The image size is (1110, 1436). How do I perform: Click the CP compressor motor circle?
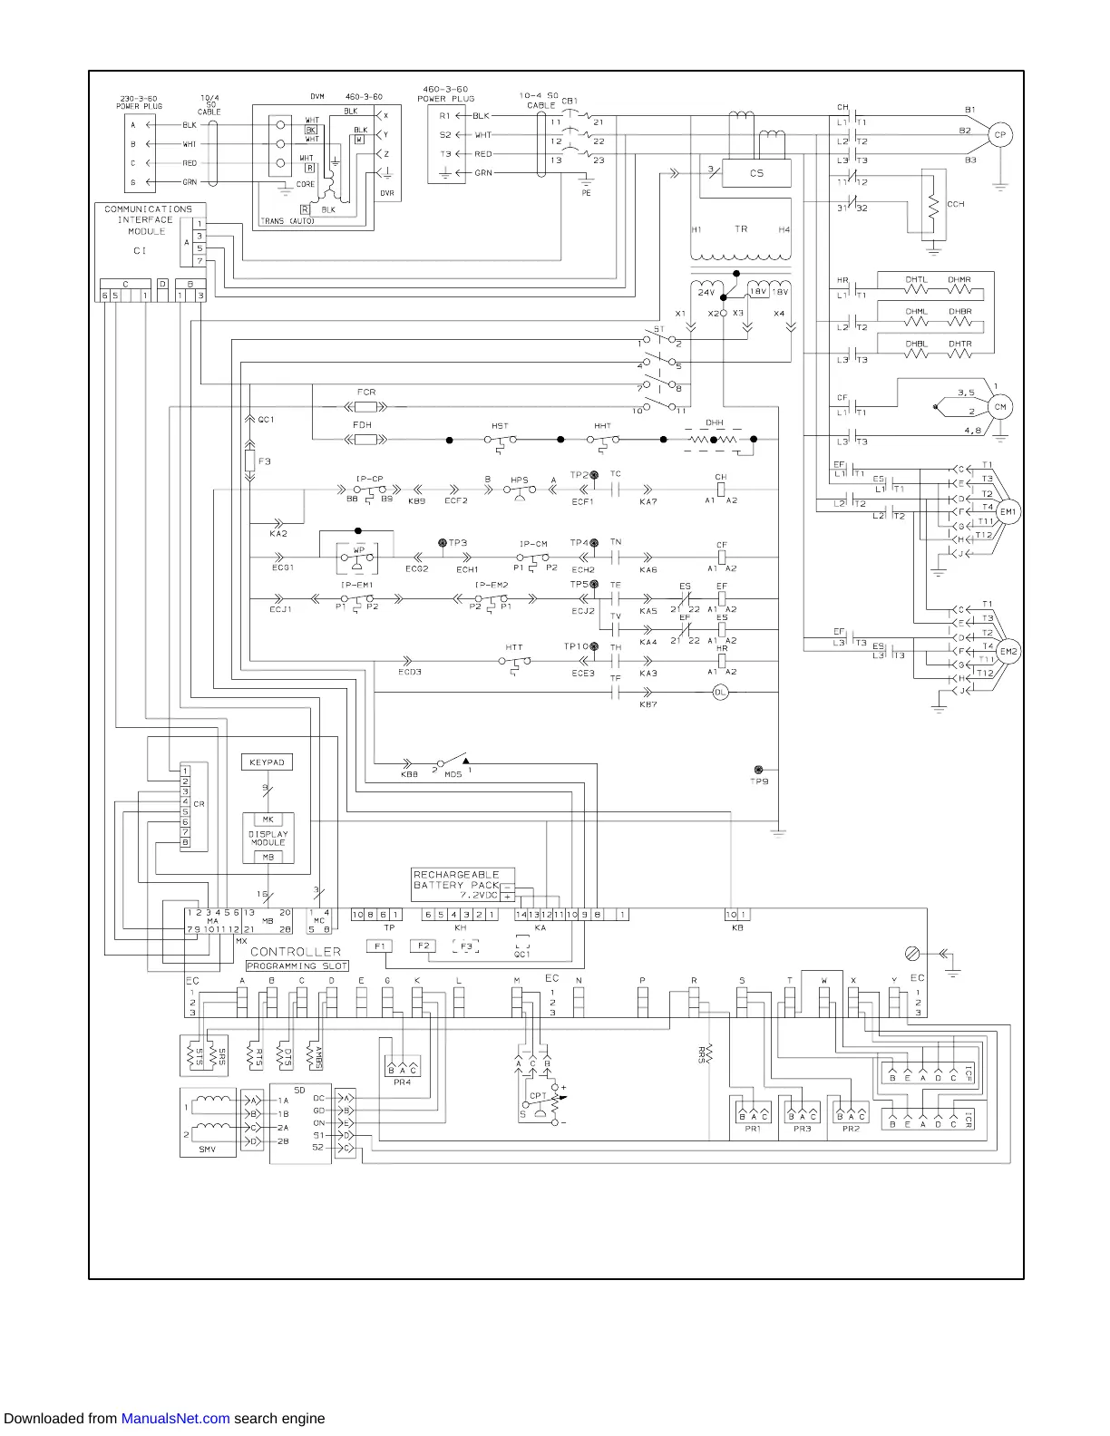pos(999,135)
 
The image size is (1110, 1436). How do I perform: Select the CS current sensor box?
pos(756,173)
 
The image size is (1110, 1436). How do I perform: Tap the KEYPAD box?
pos(267,762)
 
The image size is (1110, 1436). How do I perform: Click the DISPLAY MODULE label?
pos(268,838)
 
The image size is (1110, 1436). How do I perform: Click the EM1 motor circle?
pos(1008,512)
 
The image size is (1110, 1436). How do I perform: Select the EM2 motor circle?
pos(1008,652)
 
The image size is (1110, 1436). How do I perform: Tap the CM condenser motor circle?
pos(1000,407)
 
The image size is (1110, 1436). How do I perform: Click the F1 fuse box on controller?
pos(380,946)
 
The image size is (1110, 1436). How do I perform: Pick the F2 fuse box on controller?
pos(423,946)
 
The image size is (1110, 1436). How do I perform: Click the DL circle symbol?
pos(721,692)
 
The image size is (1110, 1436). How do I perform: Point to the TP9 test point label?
pos(759,781)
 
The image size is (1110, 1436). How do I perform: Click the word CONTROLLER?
pos(295,952)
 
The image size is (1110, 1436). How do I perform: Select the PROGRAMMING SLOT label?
pos(297,966)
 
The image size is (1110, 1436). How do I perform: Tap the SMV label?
pos(208,1150)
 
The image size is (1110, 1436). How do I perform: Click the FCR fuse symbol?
pos(366,407)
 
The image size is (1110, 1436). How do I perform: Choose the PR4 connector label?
pos(402,1082)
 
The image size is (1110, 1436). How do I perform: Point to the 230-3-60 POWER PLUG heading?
pos(140,102)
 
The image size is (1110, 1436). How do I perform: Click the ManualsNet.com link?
pos(175,1419)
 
